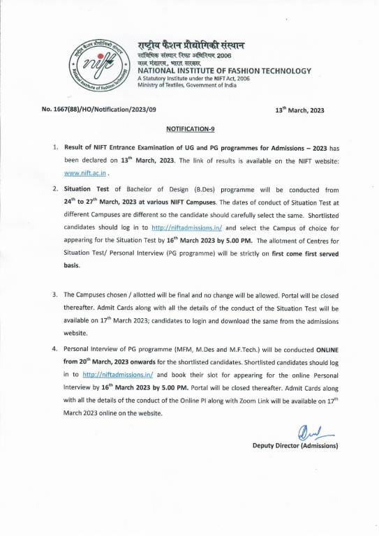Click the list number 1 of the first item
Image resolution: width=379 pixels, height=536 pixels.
point(55,149)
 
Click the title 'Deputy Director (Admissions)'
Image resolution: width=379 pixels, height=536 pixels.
point(295,445)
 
